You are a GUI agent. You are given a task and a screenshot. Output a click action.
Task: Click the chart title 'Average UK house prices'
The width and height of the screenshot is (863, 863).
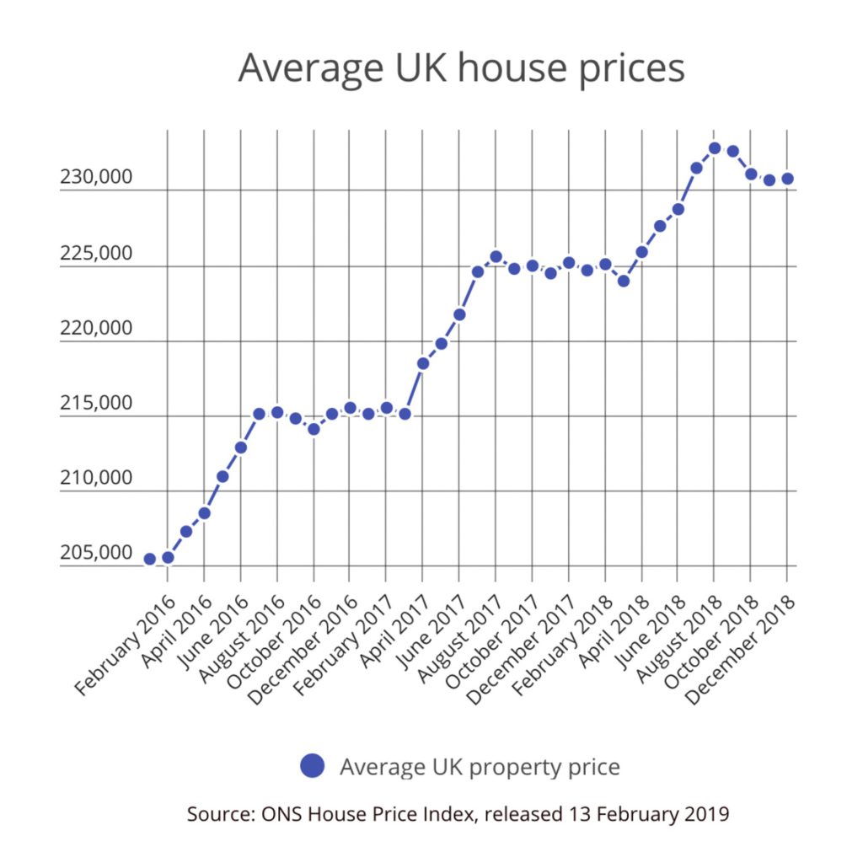coord(461,68)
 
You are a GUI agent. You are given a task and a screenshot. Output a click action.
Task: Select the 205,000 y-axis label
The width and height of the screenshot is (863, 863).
coord(95,553)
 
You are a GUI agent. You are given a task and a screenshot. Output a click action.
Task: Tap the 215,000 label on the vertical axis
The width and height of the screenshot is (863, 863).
coord(95,403)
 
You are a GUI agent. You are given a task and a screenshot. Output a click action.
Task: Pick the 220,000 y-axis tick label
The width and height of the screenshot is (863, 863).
coord(95,328)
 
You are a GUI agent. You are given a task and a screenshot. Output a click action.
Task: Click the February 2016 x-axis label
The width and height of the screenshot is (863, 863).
coord(126,645)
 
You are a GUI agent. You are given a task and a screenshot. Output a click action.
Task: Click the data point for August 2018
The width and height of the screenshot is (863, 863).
coord(715,147)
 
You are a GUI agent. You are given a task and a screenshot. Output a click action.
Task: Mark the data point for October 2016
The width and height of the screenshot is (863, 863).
coord(314,429)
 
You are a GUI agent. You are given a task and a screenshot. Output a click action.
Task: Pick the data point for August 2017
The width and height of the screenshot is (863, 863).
coord(496,256)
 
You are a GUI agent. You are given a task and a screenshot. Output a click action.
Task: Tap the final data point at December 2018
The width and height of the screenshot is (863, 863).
coord(787,179)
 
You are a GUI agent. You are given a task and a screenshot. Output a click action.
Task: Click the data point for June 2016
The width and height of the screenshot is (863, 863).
coord(241,448)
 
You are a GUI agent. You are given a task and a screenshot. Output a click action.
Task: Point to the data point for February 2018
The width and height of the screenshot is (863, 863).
coord(605,264)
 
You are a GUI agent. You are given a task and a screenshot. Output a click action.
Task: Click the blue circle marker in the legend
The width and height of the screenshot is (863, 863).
coord(312,766)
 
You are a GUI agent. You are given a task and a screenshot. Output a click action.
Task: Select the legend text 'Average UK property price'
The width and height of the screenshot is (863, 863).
coord(480,767)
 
